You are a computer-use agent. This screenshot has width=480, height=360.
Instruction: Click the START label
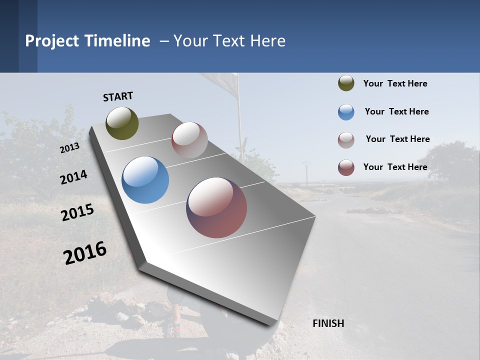coord(118,96)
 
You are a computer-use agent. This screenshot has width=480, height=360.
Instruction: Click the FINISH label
coord(328,323)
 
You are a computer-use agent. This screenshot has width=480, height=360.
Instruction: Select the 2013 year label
coord(69,148)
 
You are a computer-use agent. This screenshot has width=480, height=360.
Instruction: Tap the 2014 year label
coord(73,177)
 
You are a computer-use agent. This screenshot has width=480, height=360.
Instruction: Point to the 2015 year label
coord(77,212)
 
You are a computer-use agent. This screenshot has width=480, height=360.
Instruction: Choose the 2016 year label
coord(85,253)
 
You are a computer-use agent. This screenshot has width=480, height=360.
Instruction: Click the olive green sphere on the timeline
coord(122,123)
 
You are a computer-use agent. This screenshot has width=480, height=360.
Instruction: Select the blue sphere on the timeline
coord(145,180)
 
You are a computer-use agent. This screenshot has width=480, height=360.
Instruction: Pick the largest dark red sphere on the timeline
coord(216,207)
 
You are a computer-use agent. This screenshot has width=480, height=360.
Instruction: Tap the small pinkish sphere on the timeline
coord(189,140)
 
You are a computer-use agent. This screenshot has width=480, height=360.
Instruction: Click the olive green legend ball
coord(346,83)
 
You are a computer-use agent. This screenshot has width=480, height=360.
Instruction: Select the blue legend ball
coord(346,112)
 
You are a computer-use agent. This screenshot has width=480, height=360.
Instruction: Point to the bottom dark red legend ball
coord(346,167)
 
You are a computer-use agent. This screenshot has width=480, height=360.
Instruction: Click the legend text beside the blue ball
coord(396,111)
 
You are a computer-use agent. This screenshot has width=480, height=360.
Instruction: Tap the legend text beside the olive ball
coord(395,83)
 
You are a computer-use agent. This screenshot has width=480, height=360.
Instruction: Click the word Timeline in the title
coord(117,41)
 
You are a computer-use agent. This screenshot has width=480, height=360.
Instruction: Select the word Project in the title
coord(52,41)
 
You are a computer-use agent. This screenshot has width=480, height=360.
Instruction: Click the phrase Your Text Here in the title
coord(229,41)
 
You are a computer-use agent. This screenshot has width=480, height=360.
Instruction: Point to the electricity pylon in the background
coord(306,170)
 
